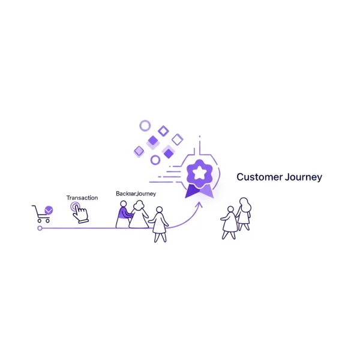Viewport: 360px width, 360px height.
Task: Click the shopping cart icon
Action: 40,213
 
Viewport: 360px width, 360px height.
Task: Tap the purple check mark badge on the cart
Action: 49,210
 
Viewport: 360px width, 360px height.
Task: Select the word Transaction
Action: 82,197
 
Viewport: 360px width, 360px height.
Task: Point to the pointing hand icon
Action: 79,212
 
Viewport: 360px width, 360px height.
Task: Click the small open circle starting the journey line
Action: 40,228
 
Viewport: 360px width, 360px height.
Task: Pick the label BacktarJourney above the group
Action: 135,194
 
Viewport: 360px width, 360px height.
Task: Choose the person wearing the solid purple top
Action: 123,214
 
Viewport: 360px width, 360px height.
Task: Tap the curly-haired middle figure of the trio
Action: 140,215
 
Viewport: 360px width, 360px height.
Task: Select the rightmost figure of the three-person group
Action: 160,224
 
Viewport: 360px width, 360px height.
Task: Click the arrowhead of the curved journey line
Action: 200,204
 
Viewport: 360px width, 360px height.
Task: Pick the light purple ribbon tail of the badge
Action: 206,190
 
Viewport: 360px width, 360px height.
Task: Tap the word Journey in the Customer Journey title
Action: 302,178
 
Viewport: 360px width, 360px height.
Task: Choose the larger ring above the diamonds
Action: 145,125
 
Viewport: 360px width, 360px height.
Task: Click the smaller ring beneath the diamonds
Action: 155,160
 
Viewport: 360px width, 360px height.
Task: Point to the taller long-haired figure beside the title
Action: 244,214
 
